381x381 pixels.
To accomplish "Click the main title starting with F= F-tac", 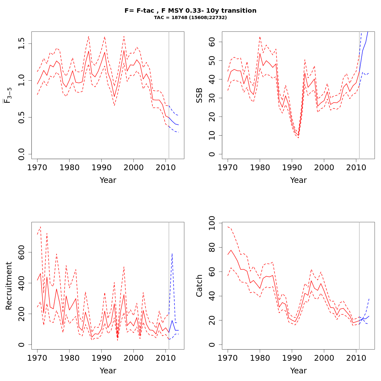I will click(x=190, y=10).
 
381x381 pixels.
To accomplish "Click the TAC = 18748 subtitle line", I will click(x=190, y=18).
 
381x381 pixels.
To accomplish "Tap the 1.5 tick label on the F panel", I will click(x=22, y=44).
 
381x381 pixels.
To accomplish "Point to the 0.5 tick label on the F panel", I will click(x=22, y=117).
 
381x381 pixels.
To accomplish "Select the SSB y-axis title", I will click(x=199, y=95).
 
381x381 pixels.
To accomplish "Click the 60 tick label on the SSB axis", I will click(x=212, y=42).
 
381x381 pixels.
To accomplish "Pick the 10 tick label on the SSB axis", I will click(x=212, y=136).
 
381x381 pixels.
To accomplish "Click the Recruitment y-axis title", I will click(x=9, y=285).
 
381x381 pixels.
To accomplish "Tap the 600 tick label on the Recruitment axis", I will click(x=22, y=252).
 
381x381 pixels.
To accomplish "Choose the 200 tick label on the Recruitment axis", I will click(x=22, y=314).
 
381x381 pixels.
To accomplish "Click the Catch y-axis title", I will click(x=199, y=285).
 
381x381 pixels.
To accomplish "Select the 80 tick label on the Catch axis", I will click(x=212, y=248).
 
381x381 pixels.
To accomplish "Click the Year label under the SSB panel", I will click(x=298, y=180).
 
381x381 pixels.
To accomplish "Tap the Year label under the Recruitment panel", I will click(x=108, y=371).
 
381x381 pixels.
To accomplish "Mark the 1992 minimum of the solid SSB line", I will click(x=298, y=136).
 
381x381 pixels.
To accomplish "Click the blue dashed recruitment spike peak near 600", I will click(x=172, y=253).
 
